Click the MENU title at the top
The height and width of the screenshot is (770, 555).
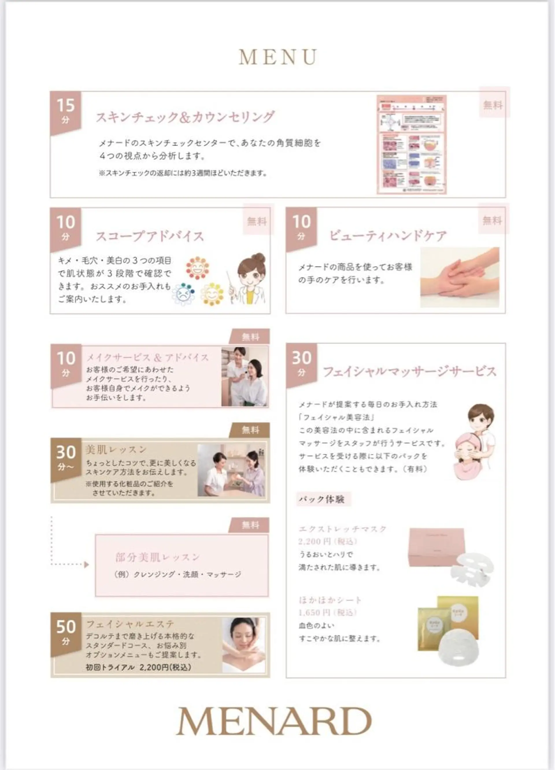(278, 57)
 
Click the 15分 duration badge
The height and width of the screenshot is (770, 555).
(66, 111)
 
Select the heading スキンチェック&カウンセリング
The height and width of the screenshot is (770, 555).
(185, 117)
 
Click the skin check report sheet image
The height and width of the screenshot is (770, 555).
(411, 145)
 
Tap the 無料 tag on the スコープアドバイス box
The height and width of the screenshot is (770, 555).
(257, 222)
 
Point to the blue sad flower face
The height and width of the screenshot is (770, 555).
(183, 294)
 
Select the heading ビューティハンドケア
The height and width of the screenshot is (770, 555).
(388, 236)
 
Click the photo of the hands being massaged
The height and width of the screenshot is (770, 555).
(460, 277)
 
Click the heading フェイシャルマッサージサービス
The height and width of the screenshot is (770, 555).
(409, 372)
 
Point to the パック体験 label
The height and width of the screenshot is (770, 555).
(322, 499)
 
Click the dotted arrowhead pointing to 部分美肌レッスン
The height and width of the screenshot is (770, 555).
(86, 565)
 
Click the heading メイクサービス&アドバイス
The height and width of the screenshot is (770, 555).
(147, 357)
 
